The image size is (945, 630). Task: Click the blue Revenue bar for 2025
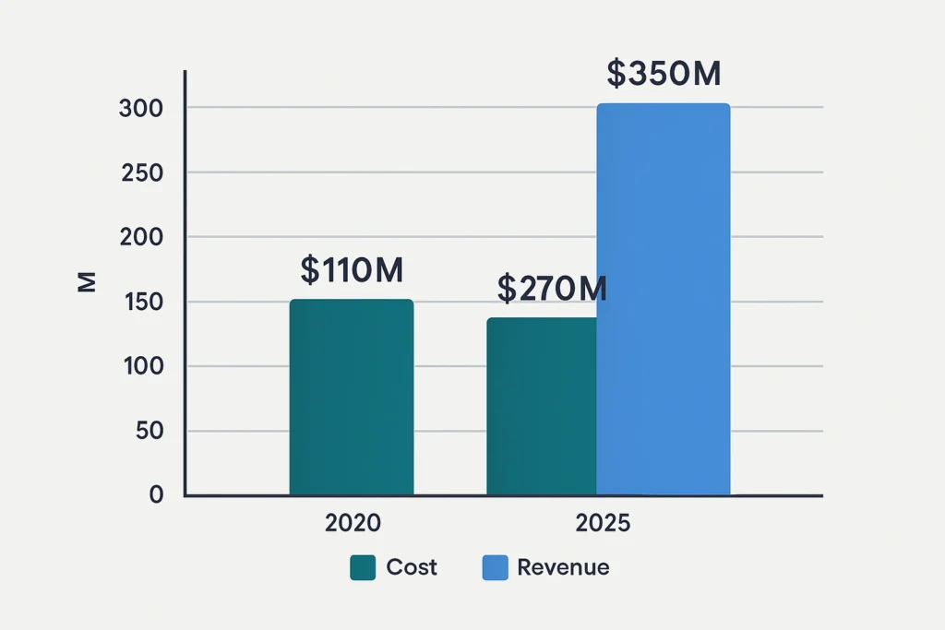point(664,300)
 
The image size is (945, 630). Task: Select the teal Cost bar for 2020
point(352,398)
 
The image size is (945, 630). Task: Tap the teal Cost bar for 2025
point(542,407)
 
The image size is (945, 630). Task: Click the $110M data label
point(352,269)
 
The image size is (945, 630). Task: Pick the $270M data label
point(552,289)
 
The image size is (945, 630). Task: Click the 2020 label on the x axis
point(353,523)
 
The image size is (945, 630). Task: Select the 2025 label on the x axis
point(603,523)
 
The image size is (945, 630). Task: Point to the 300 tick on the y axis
point(140,108)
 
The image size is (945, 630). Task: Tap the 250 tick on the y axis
point(141,172)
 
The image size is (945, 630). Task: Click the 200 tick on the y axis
point(141,237)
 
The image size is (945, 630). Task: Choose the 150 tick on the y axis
point(141,302)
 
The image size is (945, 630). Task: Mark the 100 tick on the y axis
point(141,366)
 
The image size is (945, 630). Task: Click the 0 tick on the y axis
point(155,494)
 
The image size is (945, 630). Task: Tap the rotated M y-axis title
point(87,283)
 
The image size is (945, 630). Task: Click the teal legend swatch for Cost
point(363,567)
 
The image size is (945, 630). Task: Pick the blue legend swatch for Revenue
point(495,567)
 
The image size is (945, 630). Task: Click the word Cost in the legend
point(412,567)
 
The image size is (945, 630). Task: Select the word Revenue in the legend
point(563,567)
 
